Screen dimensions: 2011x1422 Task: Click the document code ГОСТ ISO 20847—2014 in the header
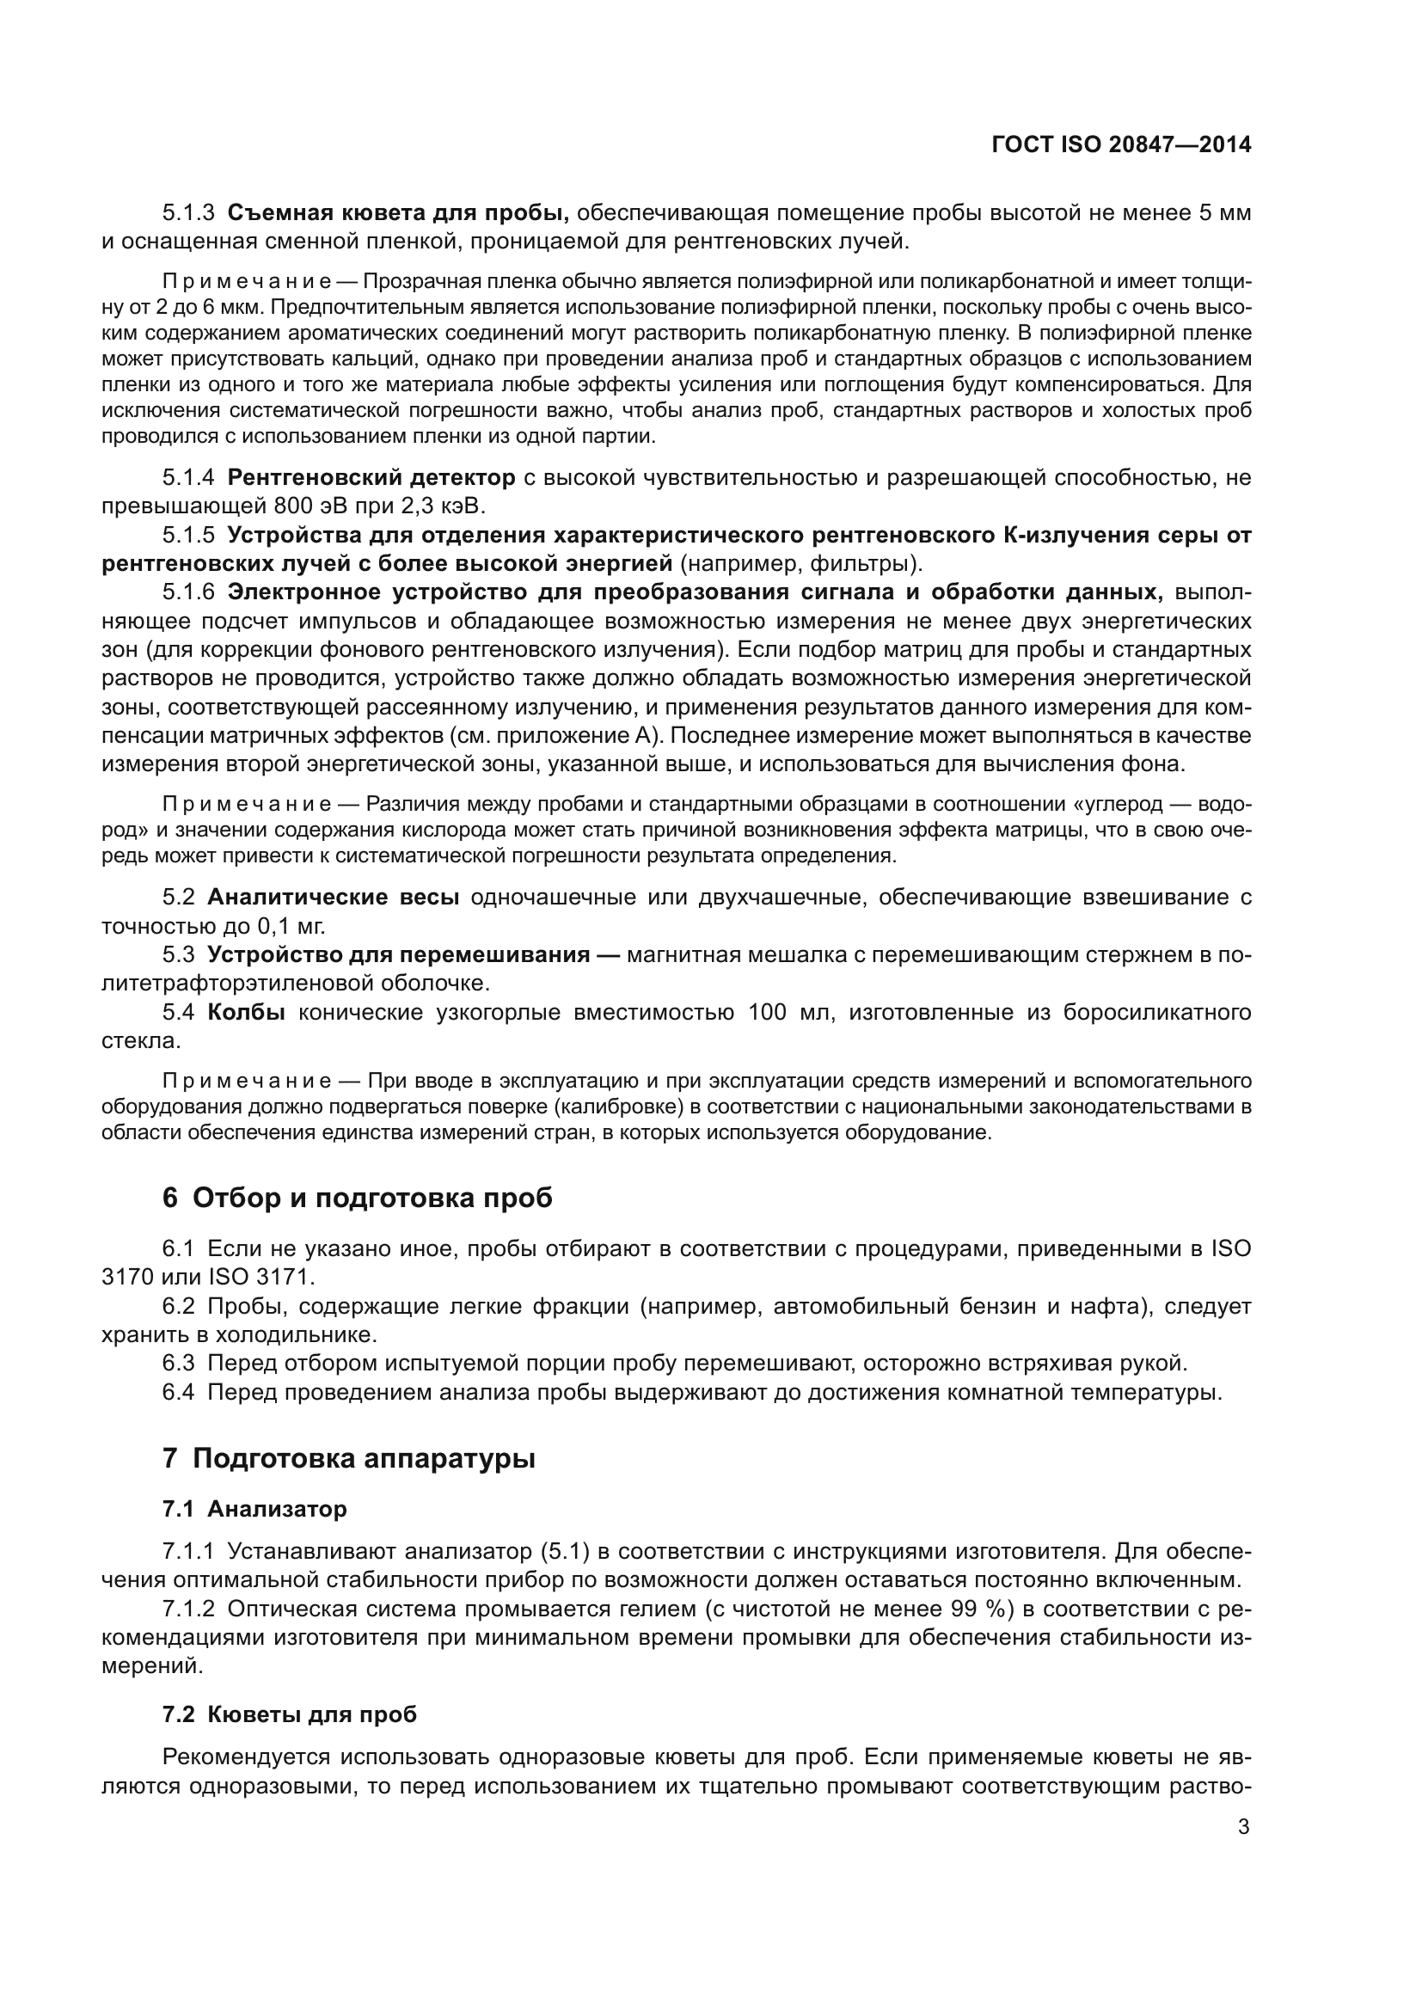click(x=1121, y=144)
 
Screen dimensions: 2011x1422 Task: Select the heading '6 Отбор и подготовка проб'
click(x=358, y=1198)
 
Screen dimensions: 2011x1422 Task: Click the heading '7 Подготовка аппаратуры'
click(x=348, y=1458)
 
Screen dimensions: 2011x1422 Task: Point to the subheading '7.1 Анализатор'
click(x=254, y=1508)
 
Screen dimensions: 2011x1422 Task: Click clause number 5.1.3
click(x=188, y=213)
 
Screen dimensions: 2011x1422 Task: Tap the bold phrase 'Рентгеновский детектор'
click(x=371, y=477)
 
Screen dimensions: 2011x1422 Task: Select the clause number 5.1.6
click(x=188, y=592)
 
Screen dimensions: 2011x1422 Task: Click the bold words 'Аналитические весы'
click(x=333, y=897)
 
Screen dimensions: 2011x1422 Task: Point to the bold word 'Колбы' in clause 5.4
click(x=246, y=1013)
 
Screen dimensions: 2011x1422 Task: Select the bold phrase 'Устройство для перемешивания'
click(x=398, y=954)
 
